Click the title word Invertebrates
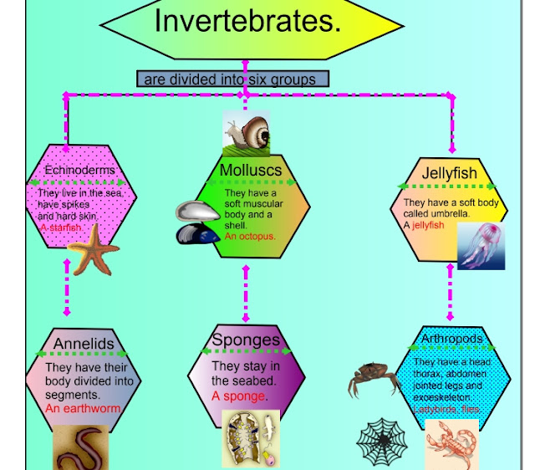point(247,21)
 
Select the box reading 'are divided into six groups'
point(232,79)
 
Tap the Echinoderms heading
point(80,171)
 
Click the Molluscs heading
point(250,171)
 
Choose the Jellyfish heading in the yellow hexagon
point(450,174)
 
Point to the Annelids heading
point(84,344)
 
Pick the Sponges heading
point(245,340)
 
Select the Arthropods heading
point(452,339)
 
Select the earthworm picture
point(81,447)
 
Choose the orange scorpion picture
point(451,446)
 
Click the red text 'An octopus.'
point(250,236)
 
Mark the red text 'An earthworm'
point(83,409)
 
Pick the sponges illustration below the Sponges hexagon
point(250,438)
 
